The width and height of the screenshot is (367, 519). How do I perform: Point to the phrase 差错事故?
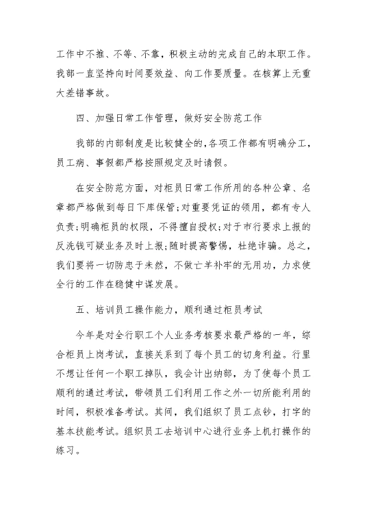pos(79,92)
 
